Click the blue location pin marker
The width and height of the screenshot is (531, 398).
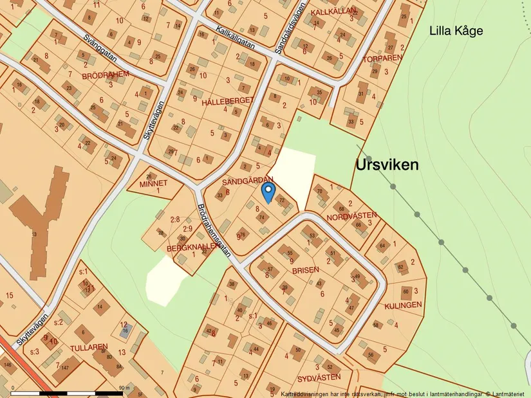click(x=268, y=191)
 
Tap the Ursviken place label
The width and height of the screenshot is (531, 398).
click(x=387, y=165)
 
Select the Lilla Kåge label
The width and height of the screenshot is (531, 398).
click(x=456, y=31)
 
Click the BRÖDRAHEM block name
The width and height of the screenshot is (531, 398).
click(x=106, y=75)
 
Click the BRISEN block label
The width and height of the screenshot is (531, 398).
click(x=305, y=271)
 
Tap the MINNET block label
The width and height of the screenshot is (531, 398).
click(x=153, y=183)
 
